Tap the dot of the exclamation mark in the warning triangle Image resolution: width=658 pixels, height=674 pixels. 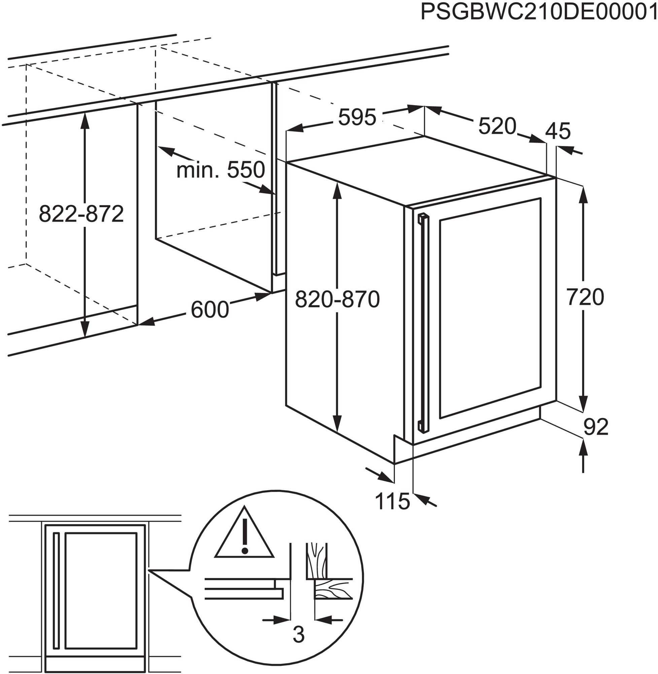245,550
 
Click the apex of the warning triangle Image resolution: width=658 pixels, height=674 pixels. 245,506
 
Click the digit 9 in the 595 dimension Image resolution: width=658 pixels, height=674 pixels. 357,117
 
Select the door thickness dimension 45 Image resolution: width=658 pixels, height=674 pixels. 558,131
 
